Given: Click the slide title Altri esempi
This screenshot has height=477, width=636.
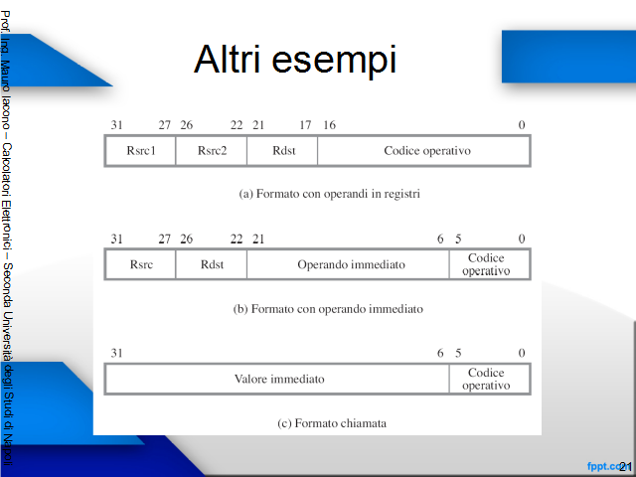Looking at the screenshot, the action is click(295, 60).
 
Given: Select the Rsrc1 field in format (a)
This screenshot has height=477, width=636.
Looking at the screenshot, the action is click(140, 151).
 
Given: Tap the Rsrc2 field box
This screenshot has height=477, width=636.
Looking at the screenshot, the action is click(212, 151).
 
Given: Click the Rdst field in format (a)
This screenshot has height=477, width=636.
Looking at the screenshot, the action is click(282, 151).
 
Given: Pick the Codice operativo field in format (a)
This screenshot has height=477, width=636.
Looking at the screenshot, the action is click(424, 151).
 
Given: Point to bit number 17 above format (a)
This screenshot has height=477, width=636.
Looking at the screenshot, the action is click(305, 125).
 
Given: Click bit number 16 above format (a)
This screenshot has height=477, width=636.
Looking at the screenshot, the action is click(329, 125).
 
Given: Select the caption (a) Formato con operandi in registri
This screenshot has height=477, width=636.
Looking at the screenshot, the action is click(329, 194).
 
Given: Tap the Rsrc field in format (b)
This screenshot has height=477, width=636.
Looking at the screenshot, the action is click(140, 264).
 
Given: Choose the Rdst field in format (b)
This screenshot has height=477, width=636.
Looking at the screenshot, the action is click(212, 264).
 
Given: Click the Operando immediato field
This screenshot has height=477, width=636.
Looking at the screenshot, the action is click(348, 264).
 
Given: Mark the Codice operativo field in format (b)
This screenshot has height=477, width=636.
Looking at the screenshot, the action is click(490, 264).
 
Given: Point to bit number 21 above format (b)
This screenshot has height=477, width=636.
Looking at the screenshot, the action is click(258, 238).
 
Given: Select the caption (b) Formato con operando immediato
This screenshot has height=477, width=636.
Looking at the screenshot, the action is click(328, 309).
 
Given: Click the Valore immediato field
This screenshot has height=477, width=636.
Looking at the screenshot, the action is click(277, 379).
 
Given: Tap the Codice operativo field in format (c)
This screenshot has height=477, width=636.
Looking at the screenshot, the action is click(490, 379).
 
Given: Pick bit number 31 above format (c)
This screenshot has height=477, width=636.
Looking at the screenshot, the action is click(117, 353).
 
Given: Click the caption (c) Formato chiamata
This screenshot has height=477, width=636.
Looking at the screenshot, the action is click(332, 423).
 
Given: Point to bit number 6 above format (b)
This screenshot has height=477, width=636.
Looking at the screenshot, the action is click(440, 238).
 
